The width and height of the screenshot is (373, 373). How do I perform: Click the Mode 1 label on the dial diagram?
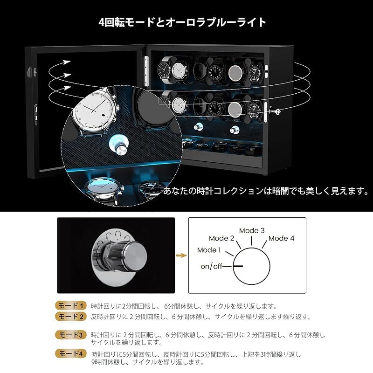coord(209,250)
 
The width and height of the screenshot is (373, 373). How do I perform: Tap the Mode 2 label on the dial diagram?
coord(221,238)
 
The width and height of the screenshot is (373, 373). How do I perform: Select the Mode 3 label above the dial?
coord(252,230)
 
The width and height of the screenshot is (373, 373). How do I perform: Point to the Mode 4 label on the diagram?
coord(281,238)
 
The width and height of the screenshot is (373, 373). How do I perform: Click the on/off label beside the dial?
coord(211,266)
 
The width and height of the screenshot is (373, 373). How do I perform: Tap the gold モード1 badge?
coord(71,305)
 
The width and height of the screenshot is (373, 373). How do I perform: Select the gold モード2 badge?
coord(71,317)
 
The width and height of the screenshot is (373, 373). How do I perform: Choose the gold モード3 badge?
coord(71,335)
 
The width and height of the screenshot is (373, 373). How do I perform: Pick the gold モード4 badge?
coord(71,353)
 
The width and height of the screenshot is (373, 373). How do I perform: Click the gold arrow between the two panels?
coord(181,256)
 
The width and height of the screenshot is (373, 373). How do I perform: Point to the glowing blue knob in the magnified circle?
coord(119,145)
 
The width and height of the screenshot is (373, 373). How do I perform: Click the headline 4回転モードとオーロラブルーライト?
coord(182,22)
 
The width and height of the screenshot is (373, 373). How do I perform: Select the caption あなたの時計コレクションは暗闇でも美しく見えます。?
coord(266,191)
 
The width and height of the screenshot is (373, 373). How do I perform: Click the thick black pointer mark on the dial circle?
coord(238,266)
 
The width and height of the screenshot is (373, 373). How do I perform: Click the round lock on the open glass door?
coord(31,72)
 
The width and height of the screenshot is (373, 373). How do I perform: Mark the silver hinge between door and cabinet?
coord(146,71)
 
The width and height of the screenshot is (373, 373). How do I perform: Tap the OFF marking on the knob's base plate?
coord(97,255)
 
